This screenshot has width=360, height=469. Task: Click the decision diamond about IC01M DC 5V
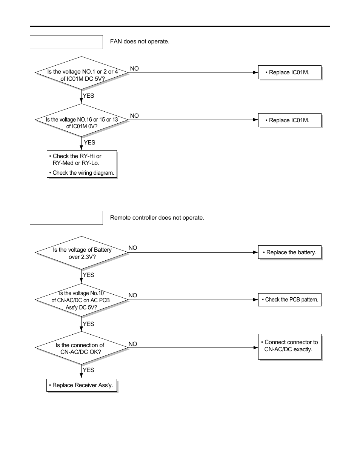pos(82,73)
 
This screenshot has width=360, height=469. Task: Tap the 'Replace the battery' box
pos(289,252)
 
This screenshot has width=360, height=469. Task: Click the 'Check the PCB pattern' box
pos(289,300)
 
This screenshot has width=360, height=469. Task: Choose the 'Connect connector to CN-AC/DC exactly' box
pos(289,346)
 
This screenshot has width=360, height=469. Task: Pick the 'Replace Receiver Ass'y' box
pos(82,385)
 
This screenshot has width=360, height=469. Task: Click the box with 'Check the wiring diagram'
pos(82,164)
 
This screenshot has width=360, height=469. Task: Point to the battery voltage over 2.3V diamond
pos(82,253)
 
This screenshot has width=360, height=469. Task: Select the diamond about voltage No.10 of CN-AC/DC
pos(82,300)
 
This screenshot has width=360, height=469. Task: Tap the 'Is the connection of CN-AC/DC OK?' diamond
pos(82,348)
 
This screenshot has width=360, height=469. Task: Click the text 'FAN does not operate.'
pos(140,42)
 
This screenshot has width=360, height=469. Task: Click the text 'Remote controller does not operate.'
pos(157,218)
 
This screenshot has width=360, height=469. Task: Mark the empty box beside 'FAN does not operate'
pos(66,42)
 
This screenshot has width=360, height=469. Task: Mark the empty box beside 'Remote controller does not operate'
pos(66,218)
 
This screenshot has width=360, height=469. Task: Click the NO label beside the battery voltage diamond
pos(133,248)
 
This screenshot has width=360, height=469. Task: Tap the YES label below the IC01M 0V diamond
pos(89,143)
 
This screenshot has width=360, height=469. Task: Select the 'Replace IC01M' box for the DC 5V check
pos(289,72)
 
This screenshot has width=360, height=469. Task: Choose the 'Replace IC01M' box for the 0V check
pos(289,120)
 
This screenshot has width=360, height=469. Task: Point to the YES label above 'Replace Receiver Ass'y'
pos(88,370)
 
